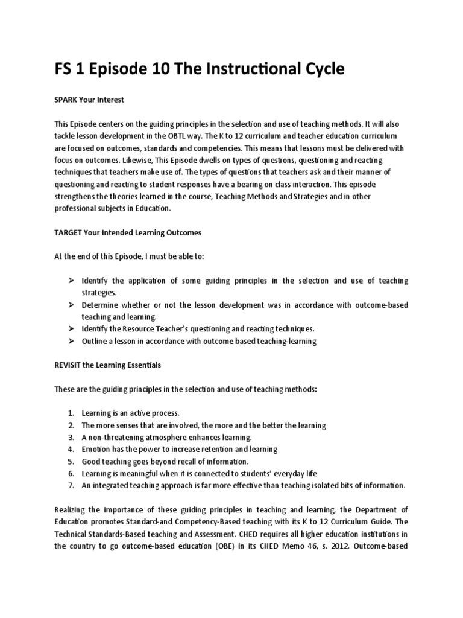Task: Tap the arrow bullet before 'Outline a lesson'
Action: click(71, 342)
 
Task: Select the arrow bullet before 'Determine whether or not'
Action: click(71, 305)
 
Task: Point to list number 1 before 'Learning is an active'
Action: click(71, 413)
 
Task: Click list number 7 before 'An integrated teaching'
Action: click(71, 485)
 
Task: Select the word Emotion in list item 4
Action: click(96, 450)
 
